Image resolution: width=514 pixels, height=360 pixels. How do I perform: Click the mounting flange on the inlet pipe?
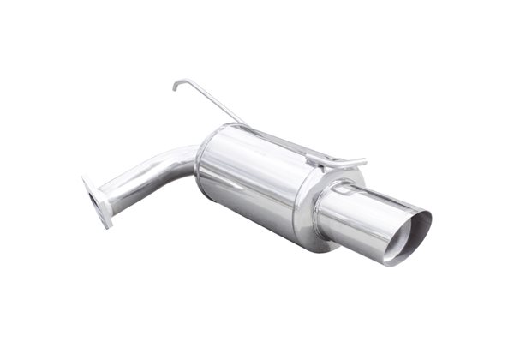coord(96,201)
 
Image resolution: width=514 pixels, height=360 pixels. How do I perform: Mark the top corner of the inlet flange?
coord(85,178)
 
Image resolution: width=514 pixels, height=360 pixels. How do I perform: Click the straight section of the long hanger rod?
coord(210,103)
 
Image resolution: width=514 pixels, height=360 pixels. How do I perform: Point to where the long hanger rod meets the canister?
coord(245,125)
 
